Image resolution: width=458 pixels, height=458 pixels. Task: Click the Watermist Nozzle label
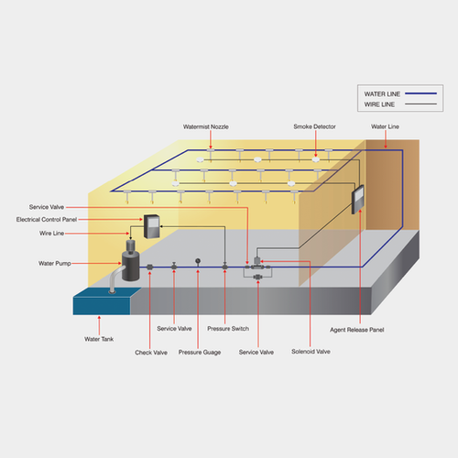pyautogui.click(x=207, y=126)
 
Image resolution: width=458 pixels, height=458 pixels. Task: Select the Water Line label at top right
pyautogui.click(x=385, y=126)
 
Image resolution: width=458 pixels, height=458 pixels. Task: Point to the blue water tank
pyautogui.click(x=105, y=300)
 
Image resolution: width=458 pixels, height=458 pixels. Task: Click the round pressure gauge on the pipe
pyautogui.click(x=198, y=261)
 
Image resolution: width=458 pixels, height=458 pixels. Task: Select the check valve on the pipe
pyautogui.click(x=149, y=267)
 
